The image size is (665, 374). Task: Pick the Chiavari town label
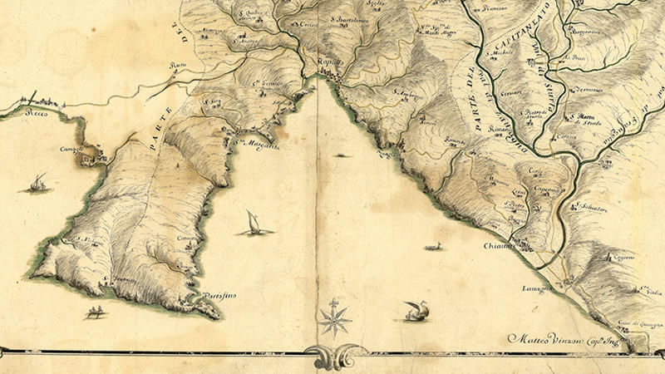click(499, 245)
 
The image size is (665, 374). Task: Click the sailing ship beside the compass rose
click(416, 312)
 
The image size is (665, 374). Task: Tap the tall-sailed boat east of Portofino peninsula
click(254, 222)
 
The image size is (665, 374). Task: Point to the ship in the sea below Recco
click(37, 183)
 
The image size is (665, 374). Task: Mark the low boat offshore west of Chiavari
click(432, 246)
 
